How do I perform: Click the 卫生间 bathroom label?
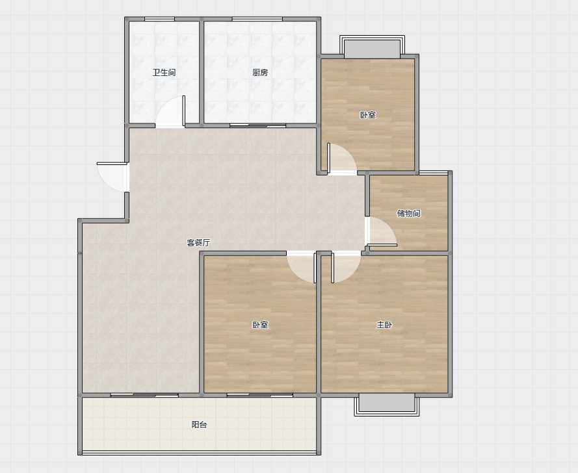pos(164,73)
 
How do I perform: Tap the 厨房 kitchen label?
pos(260,73)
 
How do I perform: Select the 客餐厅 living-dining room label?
pos(198,243)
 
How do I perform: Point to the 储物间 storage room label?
pos(408,213)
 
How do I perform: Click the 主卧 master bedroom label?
pos(384,325)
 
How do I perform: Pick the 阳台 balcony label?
pos(199,425)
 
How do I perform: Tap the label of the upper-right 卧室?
pos(368,115)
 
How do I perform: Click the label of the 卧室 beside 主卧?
pos(260,325)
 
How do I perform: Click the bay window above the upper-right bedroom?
pos(372,47)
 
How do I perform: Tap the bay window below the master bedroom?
pos(387,405)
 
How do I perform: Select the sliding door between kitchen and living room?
pos(257,125)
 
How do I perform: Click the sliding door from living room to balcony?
pos(144,395)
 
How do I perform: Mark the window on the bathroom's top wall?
pos(159,19)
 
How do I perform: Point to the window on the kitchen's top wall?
pos(257,19)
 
